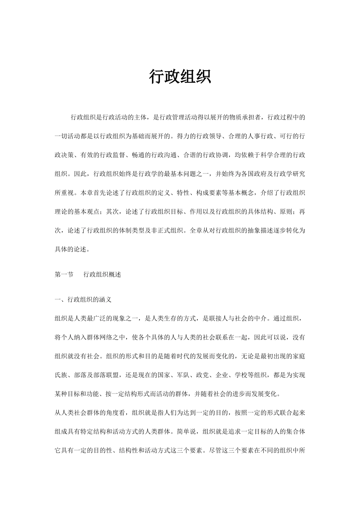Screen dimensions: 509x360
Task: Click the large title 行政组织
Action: [180, 77]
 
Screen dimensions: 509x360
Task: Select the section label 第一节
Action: [64, 275]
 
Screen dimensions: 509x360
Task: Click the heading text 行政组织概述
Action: [102, 275]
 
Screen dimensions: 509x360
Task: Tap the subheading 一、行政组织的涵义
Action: [83, 300]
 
